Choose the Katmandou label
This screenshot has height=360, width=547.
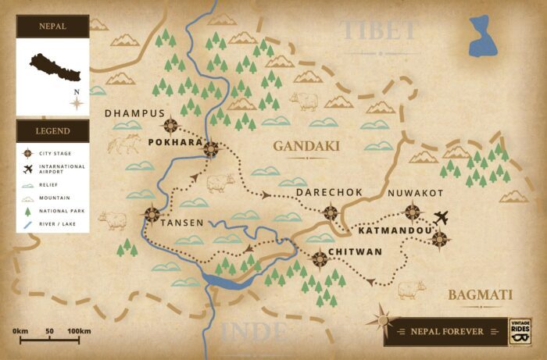[x=395, y=231]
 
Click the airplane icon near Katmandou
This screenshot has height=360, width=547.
[x=442, y=216]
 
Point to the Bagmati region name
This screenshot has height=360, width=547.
[x=480, y=294]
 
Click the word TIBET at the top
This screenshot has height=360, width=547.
[x=380, y=30]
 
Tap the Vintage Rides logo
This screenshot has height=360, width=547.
[x=520, y=330]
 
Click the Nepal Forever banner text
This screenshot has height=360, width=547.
[x=447, y=331]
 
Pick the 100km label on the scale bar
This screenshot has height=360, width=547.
[x=79, y=331]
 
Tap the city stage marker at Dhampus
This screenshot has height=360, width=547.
[x=170, y=124]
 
